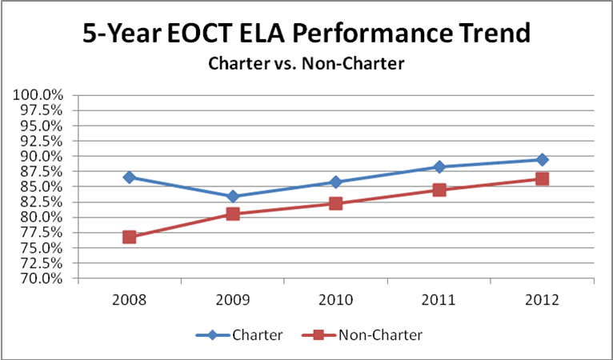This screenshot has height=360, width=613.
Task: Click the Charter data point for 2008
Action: tap(130, 177)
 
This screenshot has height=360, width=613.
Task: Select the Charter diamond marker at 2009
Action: tap(233, 196)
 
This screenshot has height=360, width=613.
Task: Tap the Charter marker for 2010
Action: tap(336, 182)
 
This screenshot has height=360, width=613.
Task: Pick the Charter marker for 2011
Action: tap(439, 166)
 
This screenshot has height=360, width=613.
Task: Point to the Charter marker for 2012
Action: tap(543, 159)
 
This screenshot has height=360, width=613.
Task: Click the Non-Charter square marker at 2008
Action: tap(130, 237)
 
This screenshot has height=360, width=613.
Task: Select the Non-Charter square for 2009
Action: tap(233, 214)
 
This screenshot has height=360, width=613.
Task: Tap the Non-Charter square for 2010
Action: tap(336, 203)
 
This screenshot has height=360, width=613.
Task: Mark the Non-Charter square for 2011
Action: tap(439, 190)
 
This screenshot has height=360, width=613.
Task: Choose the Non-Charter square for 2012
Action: tap(543, 178)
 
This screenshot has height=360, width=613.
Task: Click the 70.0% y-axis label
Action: tap(40, 278)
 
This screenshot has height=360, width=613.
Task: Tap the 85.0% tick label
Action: tap(40, 186)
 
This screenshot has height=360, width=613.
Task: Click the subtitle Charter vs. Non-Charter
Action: tap(306, 63)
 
